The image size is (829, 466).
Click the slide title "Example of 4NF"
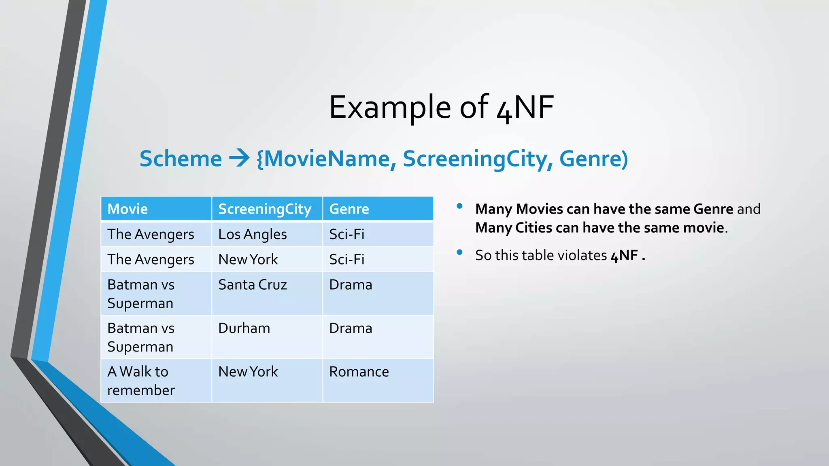click(441, 108)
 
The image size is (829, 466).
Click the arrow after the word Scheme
click(239, 158)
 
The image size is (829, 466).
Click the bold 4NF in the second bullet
click(624, 256)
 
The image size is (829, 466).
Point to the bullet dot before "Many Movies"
click(459, 206)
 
